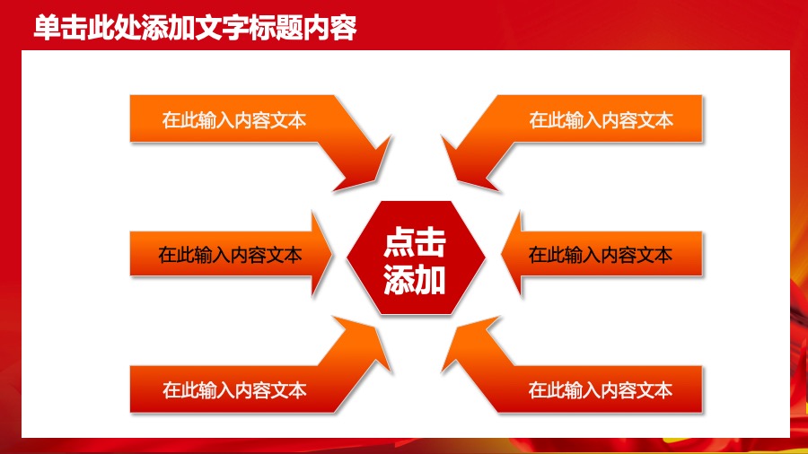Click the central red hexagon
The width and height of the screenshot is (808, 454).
(415, 258)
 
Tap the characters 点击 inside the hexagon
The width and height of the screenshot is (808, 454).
(415, 241)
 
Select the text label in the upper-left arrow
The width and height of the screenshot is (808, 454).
(234, 120)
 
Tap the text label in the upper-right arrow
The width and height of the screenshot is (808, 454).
(601, 120)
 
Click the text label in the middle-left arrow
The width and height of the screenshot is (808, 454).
(230, 255)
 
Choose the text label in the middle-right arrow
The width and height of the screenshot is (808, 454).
(600, 255)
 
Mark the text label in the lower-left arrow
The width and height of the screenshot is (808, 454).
(234, 390)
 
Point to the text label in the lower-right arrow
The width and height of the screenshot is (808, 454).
(600, 390)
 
